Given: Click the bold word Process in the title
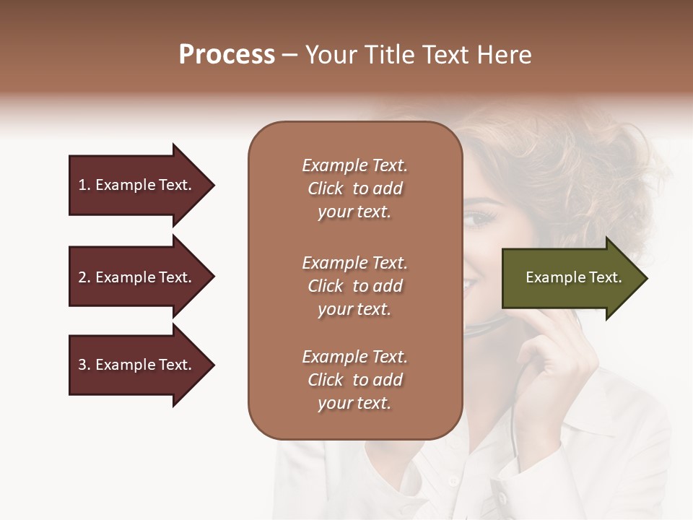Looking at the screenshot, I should (227, 55).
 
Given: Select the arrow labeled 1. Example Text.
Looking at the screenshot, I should (137, 185).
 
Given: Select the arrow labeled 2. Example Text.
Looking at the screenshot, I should (137, 277).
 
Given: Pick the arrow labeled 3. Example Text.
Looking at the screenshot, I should (137, 365).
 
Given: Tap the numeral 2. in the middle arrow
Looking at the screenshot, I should (84, 277).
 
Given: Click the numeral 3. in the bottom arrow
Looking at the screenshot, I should (84, 365).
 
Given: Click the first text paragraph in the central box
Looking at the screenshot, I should (354, 188).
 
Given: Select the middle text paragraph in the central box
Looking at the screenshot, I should (354, 286).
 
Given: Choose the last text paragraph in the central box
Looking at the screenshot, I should (354, 380).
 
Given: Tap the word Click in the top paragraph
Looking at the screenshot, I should (326, 188).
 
